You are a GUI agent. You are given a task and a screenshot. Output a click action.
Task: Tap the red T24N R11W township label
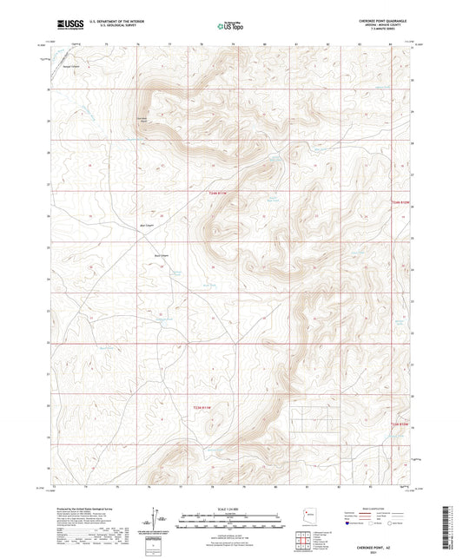click(222, 193)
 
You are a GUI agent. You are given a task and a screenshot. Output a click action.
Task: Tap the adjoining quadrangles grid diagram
click(303, 538)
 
